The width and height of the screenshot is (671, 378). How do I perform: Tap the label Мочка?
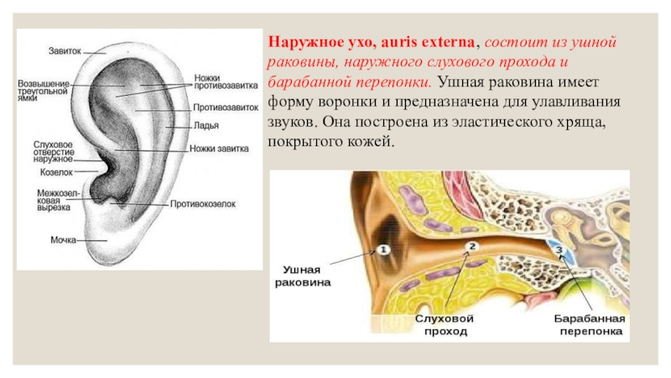pos(64,239)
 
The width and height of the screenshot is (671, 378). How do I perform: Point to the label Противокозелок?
pos(203,203)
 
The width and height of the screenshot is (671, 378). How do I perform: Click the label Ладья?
pos(206,126)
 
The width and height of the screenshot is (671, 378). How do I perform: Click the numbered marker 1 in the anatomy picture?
pos(382,249)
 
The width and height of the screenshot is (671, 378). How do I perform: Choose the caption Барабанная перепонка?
pos(587,327)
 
